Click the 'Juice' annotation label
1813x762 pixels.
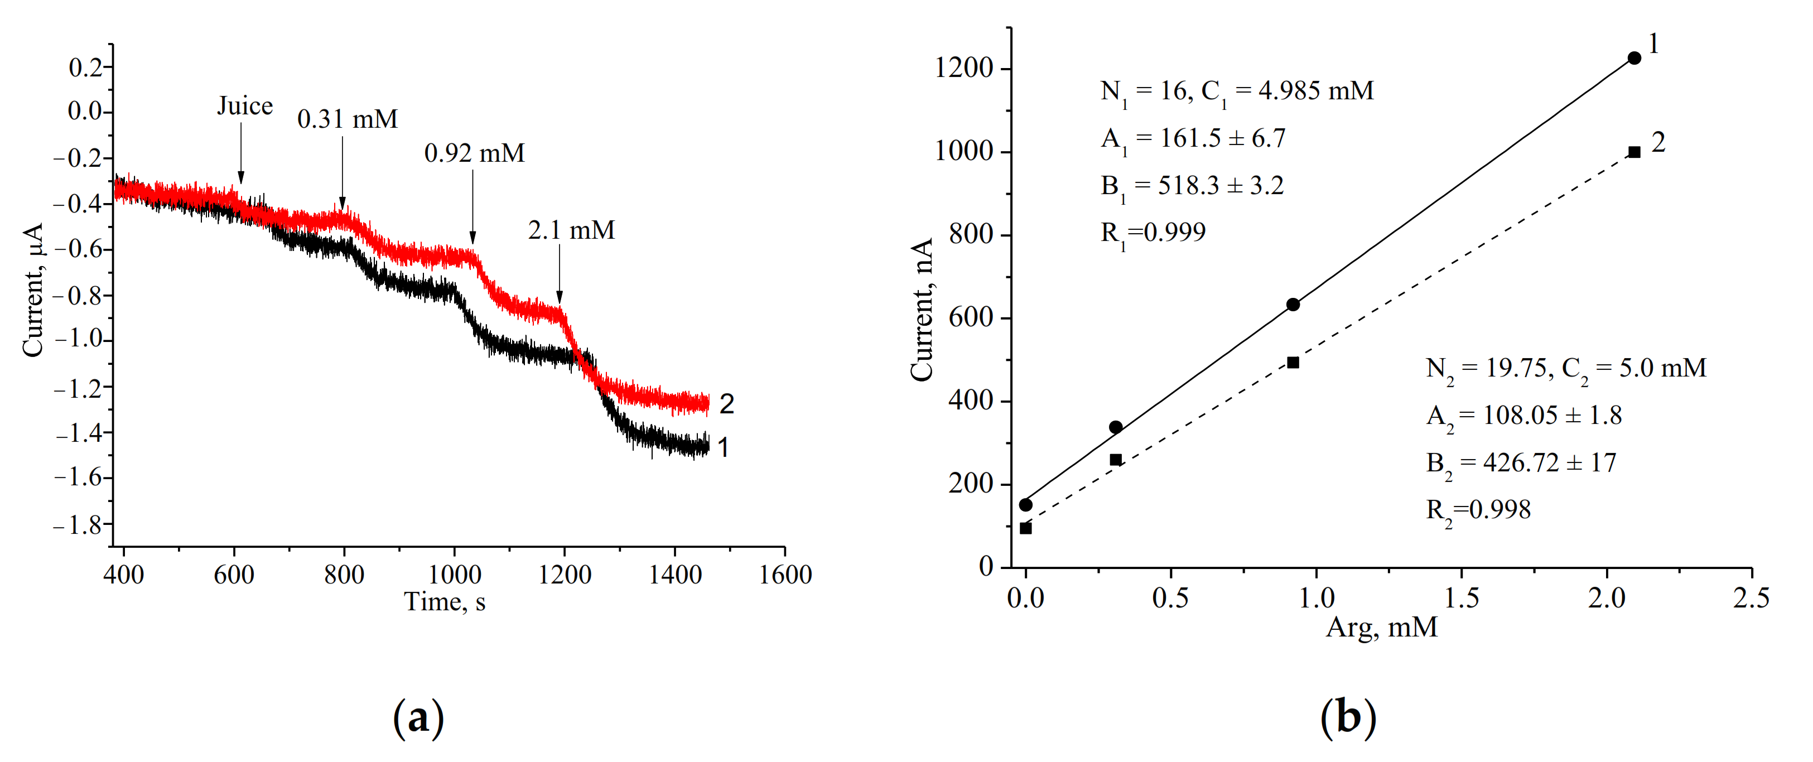pos(244,106)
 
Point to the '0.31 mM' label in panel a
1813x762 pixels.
pos(347,119)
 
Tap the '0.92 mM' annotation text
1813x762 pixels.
pos(474,153)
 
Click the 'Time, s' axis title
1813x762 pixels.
pos(444,602)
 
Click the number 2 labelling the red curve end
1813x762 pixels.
pos(726,404)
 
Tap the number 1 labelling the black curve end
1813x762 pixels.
pos(723,447)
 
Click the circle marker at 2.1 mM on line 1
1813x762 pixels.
pos(1634,59)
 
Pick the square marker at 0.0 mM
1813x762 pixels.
pos(1025,528)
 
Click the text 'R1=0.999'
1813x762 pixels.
pos(1153,233)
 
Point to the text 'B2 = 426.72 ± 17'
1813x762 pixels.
pos(1520,464)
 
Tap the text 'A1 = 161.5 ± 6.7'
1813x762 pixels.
pos(1193,138)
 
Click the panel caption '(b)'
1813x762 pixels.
pos(1348,718)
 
